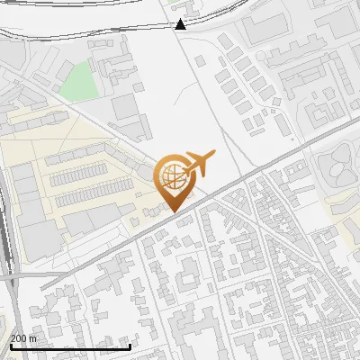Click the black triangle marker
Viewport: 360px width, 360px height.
pyautogui.click(x=181, y=23)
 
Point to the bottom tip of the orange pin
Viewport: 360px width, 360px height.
pyautogui.click(x=171, y=211)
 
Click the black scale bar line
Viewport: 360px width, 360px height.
pyautogui.click(x=70, y=346)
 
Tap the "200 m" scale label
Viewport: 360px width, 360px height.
pyautogui.click(x=24, y=338)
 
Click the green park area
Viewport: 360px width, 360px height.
pyautogui.click(x=79, y=80)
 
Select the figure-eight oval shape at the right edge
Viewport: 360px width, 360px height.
pyautogui.click(x=335, y=167)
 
